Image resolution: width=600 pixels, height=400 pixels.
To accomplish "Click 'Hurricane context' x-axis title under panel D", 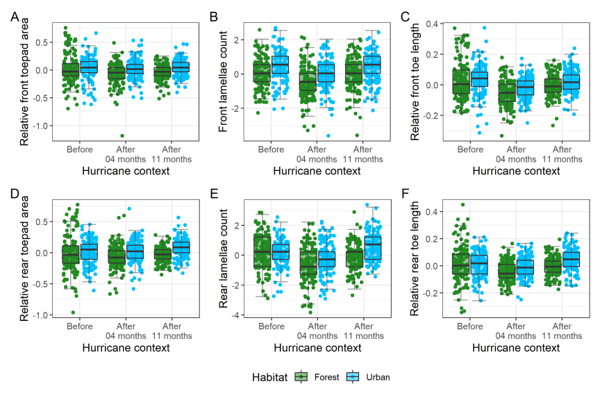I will pyautogui.click(x=126, y=347).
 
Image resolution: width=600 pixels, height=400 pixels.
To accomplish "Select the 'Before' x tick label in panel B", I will pyautogui.click(x=271, y=149).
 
